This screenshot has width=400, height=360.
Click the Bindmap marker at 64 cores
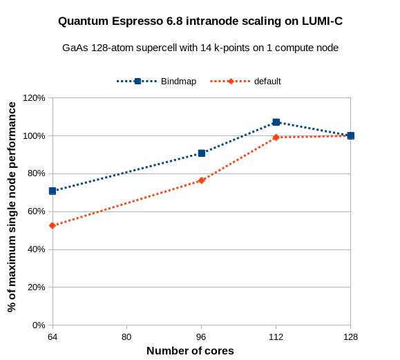click(53, 191)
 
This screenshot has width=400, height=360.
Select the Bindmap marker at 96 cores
click(202, 153)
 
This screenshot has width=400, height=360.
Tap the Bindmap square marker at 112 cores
click(276, 122)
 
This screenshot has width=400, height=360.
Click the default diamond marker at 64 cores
click(53, 226)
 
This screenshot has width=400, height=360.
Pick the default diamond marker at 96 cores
click(202, 180)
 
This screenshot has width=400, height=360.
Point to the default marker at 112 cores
click(276, 138)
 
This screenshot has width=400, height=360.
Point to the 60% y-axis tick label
click(36, 211)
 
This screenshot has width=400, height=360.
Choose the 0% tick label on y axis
click(39, 325)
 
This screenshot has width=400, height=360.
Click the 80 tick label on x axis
click(127, 337)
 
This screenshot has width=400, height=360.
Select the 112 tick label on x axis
click(276, 337)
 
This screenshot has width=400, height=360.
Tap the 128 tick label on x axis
click(350, 337)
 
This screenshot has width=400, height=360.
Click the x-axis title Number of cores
click(190, 351)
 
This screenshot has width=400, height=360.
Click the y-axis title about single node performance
click(12, 207)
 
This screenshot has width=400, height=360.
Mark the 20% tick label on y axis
click(36, 287)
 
